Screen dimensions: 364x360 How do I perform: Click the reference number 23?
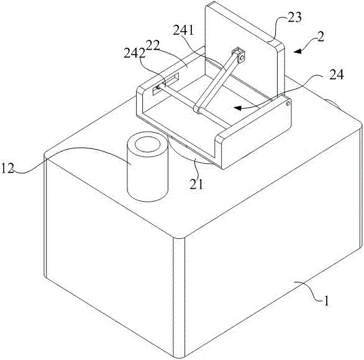294,17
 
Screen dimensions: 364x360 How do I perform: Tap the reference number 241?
183,30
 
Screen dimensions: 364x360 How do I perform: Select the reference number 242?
134,54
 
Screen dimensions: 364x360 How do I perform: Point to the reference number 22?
153,45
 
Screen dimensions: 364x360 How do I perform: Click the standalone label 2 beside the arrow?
321,37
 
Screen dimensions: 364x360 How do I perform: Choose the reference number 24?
337,74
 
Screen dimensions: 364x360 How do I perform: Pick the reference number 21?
197,184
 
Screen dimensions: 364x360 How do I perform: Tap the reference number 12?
7,168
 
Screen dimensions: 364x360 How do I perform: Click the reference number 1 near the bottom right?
326,301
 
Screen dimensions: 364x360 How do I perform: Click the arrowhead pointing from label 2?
298,52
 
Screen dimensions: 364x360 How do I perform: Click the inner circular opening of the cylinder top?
148,145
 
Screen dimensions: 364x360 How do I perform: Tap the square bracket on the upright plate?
239,55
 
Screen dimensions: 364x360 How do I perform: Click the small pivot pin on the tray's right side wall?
288,104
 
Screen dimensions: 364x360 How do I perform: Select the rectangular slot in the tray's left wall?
166,83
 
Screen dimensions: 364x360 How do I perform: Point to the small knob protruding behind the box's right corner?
331,104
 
